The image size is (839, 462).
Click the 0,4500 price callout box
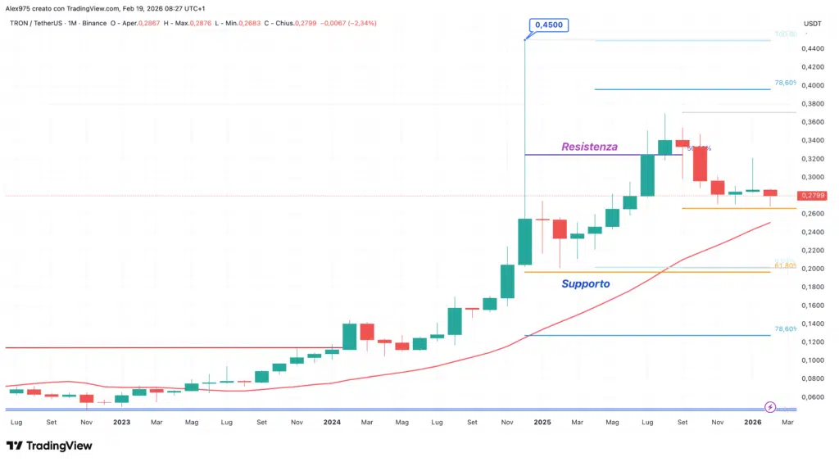(x=549, y=25)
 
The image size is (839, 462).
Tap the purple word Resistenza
(x=588, y=147)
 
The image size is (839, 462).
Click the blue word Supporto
(x=585, y=283)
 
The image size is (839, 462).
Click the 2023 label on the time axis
(x=121, y=423)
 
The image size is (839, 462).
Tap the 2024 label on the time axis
(x=332, y=423)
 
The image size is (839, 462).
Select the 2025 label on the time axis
(x=542, y=423)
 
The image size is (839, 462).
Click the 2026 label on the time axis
(x=752, y=423)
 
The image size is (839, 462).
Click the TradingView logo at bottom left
(x=49, y=446)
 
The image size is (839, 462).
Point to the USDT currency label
(x=813, y=24)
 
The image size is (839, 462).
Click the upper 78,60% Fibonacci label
(x=785, y=84)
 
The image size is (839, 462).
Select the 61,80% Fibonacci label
(x=785, y=265)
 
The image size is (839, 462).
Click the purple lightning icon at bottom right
(x=770, y=407)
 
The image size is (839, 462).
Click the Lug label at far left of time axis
(x=16, y=423)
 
